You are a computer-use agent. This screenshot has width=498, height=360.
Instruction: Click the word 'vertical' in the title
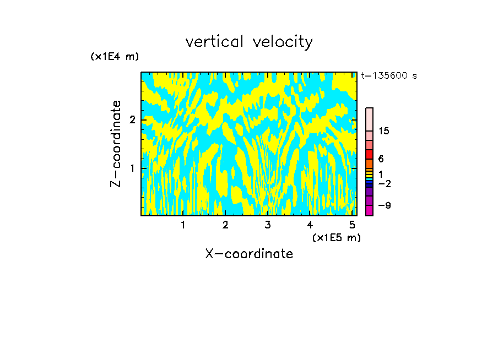point(216,42)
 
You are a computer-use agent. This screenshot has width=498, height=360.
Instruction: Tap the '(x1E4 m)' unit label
point(115,56)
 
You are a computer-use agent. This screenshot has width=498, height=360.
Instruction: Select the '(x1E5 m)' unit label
point(336,237)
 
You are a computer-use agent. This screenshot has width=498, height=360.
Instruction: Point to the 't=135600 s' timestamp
point(388,75)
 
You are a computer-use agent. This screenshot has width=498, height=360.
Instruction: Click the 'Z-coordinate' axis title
point(116,144)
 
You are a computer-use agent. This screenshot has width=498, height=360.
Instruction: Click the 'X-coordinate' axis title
point(249,254)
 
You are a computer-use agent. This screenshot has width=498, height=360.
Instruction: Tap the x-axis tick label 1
point(183,225)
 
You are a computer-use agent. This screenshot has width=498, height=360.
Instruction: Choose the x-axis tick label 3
point(267,225)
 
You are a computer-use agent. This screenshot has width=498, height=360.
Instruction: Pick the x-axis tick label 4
point(310,225)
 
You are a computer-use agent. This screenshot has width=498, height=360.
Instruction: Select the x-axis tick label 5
point(351,225)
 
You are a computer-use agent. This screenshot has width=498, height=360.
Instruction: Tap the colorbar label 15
point(384,131)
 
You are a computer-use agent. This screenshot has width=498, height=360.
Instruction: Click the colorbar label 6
point(381,159)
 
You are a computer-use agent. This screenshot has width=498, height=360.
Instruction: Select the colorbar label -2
point(384,183)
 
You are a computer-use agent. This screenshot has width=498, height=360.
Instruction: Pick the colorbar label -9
point(384,205)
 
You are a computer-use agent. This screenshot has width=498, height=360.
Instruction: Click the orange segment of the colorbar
point(369,163)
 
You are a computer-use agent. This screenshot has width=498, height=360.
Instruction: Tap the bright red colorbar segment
point(369,154)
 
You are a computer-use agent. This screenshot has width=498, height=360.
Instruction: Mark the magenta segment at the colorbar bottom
point(369,210)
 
